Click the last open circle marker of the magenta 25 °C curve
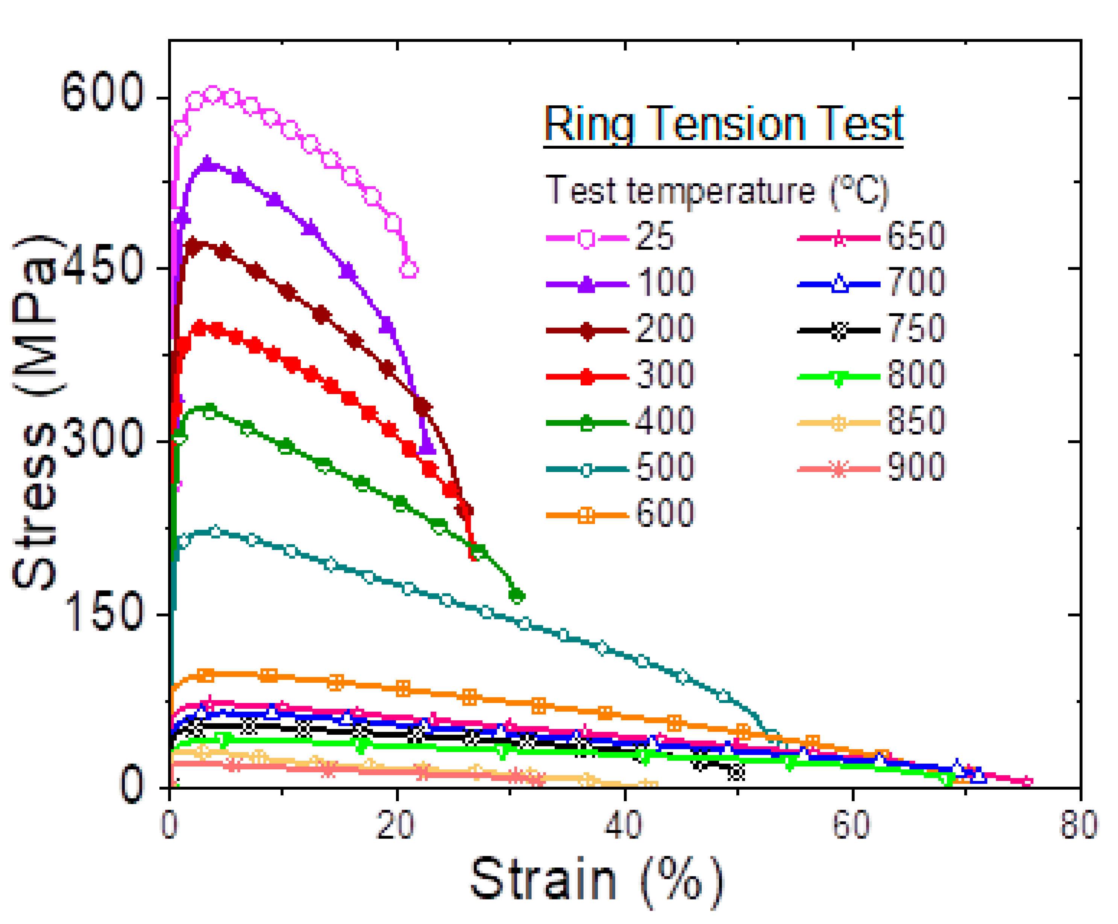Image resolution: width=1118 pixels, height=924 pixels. point(408,269)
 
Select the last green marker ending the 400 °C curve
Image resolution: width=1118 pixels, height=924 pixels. point(516,595)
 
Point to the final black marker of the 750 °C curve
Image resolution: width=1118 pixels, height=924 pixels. point(736,772)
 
